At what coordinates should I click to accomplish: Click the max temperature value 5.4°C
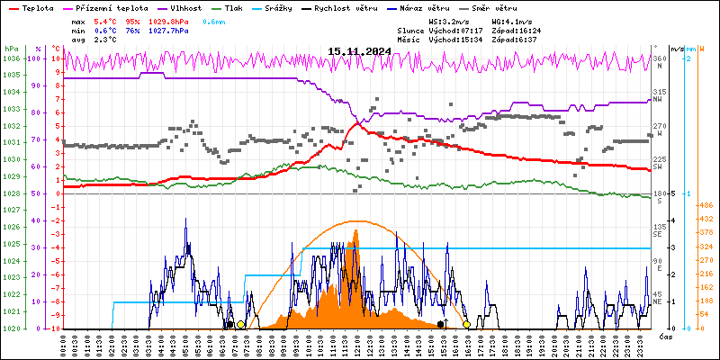click(x=106, y=20)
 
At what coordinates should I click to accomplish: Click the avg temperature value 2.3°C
click(x=106, y=40)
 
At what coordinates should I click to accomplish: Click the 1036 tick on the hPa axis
click(x=11, y=58)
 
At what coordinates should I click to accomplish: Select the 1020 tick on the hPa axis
click(x=11, y=328)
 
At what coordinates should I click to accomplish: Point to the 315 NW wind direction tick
click(x=659, y=94)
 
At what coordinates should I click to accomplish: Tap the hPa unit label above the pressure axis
click(x=11, y=49)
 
